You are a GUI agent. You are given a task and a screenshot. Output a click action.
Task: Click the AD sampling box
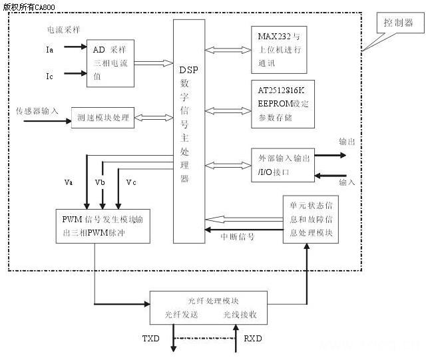(x=110, y=63)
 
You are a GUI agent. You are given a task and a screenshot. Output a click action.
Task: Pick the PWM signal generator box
(x=103, y=226)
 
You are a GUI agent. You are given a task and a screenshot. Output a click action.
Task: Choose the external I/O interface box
(x=282, y=163)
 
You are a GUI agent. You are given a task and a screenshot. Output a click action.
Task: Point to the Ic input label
(x=51, y=76)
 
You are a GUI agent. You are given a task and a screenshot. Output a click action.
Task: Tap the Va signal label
(x=69, y=182)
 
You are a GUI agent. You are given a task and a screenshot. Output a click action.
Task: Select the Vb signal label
(x=100, y=182)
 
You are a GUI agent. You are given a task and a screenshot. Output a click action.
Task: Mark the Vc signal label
(x=131, y=182)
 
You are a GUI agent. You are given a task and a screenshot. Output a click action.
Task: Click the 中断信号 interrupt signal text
(x=238, y=236)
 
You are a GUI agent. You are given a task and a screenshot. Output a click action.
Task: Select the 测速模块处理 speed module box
(x=103, y=117)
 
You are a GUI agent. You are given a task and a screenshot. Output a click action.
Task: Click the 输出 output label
(x=347, y=142)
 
